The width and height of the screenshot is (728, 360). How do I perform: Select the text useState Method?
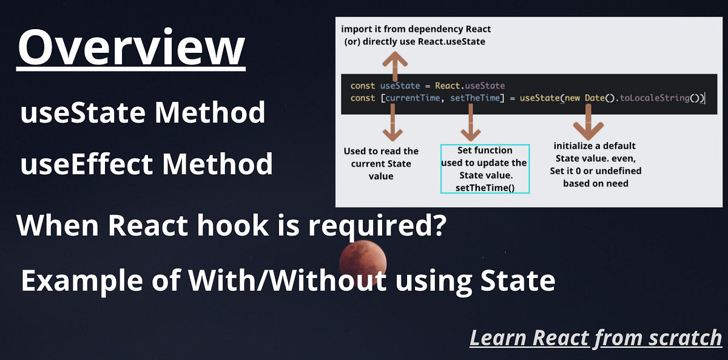coord(143,113)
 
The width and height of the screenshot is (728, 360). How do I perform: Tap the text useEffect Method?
coord(146,165)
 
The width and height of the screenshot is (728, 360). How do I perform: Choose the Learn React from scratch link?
coord(596,337)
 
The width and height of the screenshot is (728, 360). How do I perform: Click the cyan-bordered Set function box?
coord(485,169)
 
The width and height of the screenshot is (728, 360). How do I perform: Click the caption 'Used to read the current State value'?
coord(381,163)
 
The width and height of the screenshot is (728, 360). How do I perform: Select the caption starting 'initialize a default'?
coord(595,165)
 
